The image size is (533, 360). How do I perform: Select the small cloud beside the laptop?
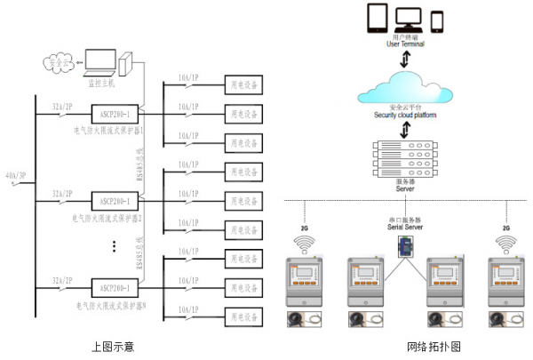click(58, 64)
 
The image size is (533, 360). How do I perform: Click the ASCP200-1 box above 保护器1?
click(115, 114)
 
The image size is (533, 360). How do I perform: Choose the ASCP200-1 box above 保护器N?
click(115, 288)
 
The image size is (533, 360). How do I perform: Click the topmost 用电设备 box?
click(245, 86)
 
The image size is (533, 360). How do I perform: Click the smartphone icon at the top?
click(437, 20)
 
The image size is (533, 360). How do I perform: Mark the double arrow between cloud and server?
click(408, 130)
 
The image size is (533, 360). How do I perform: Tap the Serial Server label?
click(407, 228)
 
